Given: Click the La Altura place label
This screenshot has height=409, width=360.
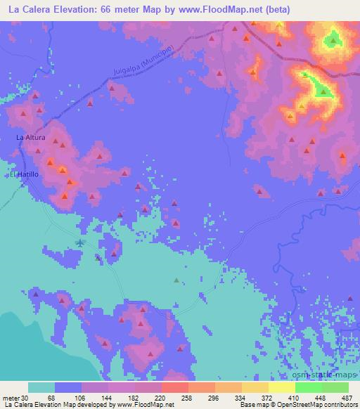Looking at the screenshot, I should tap(31, 138).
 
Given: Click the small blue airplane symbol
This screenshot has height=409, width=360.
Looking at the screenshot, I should tap(80, 242).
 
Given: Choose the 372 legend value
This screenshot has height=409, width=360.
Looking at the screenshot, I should tap(268, 397).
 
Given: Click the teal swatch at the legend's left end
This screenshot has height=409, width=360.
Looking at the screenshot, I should tap(41, 387).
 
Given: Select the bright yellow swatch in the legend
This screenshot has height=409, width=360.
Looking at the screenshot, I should tap(281, 387).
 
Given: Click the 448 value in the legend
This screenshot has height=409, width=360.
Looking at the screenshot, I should tap(321, 397).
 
